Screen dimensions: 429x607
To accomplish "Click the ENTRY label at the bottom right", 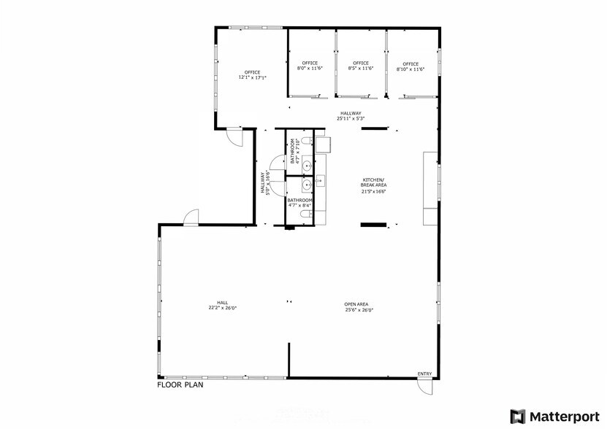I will pos(424,374).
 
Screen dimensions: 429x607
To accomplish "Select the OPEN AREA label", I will pos(356,304).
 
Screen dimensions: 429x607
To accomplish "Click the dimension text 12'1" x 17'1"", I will pos(252,77).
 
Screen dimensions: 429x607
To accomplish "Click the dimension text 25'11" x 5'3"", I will pos(351,118).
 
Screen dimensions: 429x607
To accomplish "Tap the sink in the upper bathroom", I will pos(308,165).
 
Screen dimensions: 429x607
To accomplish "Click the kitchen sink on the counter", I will pos(321,179).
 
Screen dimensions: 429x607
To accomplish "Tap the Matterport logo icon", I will pos(518,417).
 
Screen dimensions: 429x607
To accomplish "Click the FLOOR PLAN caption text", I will pos(180,384).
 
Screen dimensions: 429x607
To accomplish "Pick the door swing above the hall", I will pos(191,217).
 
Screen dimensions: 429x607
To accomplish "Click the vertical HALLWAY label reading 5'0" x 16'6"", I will pos(264,182).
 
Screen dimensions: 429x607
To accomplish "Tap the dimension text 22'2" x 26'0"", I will pos(222,309).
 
